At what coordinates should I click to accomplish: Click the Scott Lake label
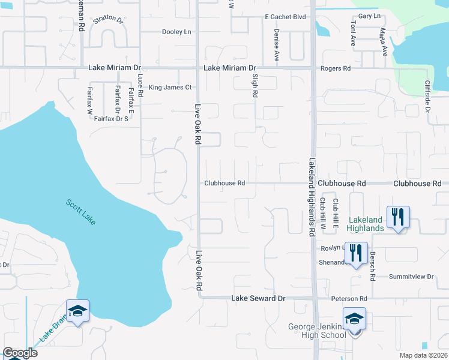click(80, 212)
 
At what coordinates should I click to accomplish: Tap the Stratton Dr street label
click(108, 20)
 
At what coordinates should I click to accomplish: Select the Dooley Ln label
click(176, 32)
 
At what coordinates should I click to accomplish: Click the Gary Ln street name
click(369, 16)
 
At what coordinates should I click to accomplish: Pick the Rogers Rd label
click(336, 69)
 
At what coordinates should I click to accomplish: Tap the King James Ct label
click(170, 88)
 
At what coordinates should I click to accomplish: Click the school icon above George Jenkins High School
click(354, 319)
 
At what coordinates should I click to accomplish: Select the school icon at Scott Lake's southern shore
click(77, 311)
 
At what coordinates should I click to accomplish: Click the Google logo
click(20, 353)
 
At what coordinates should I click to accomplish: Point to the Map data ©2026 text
click(423, 355)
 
